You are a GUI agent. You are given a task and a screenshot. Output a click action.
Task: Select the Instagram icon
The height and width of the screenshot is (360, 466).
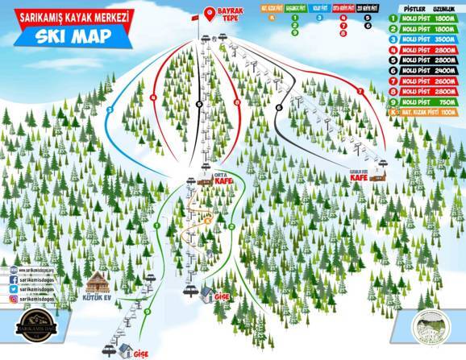15,298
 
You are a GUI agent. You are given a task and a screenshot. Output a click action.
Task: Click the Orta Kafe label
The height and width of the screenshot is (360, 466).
223,180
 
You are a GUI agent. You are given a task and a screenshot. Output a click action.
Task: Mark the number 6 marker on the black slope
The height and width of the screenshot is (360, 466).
278,107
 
